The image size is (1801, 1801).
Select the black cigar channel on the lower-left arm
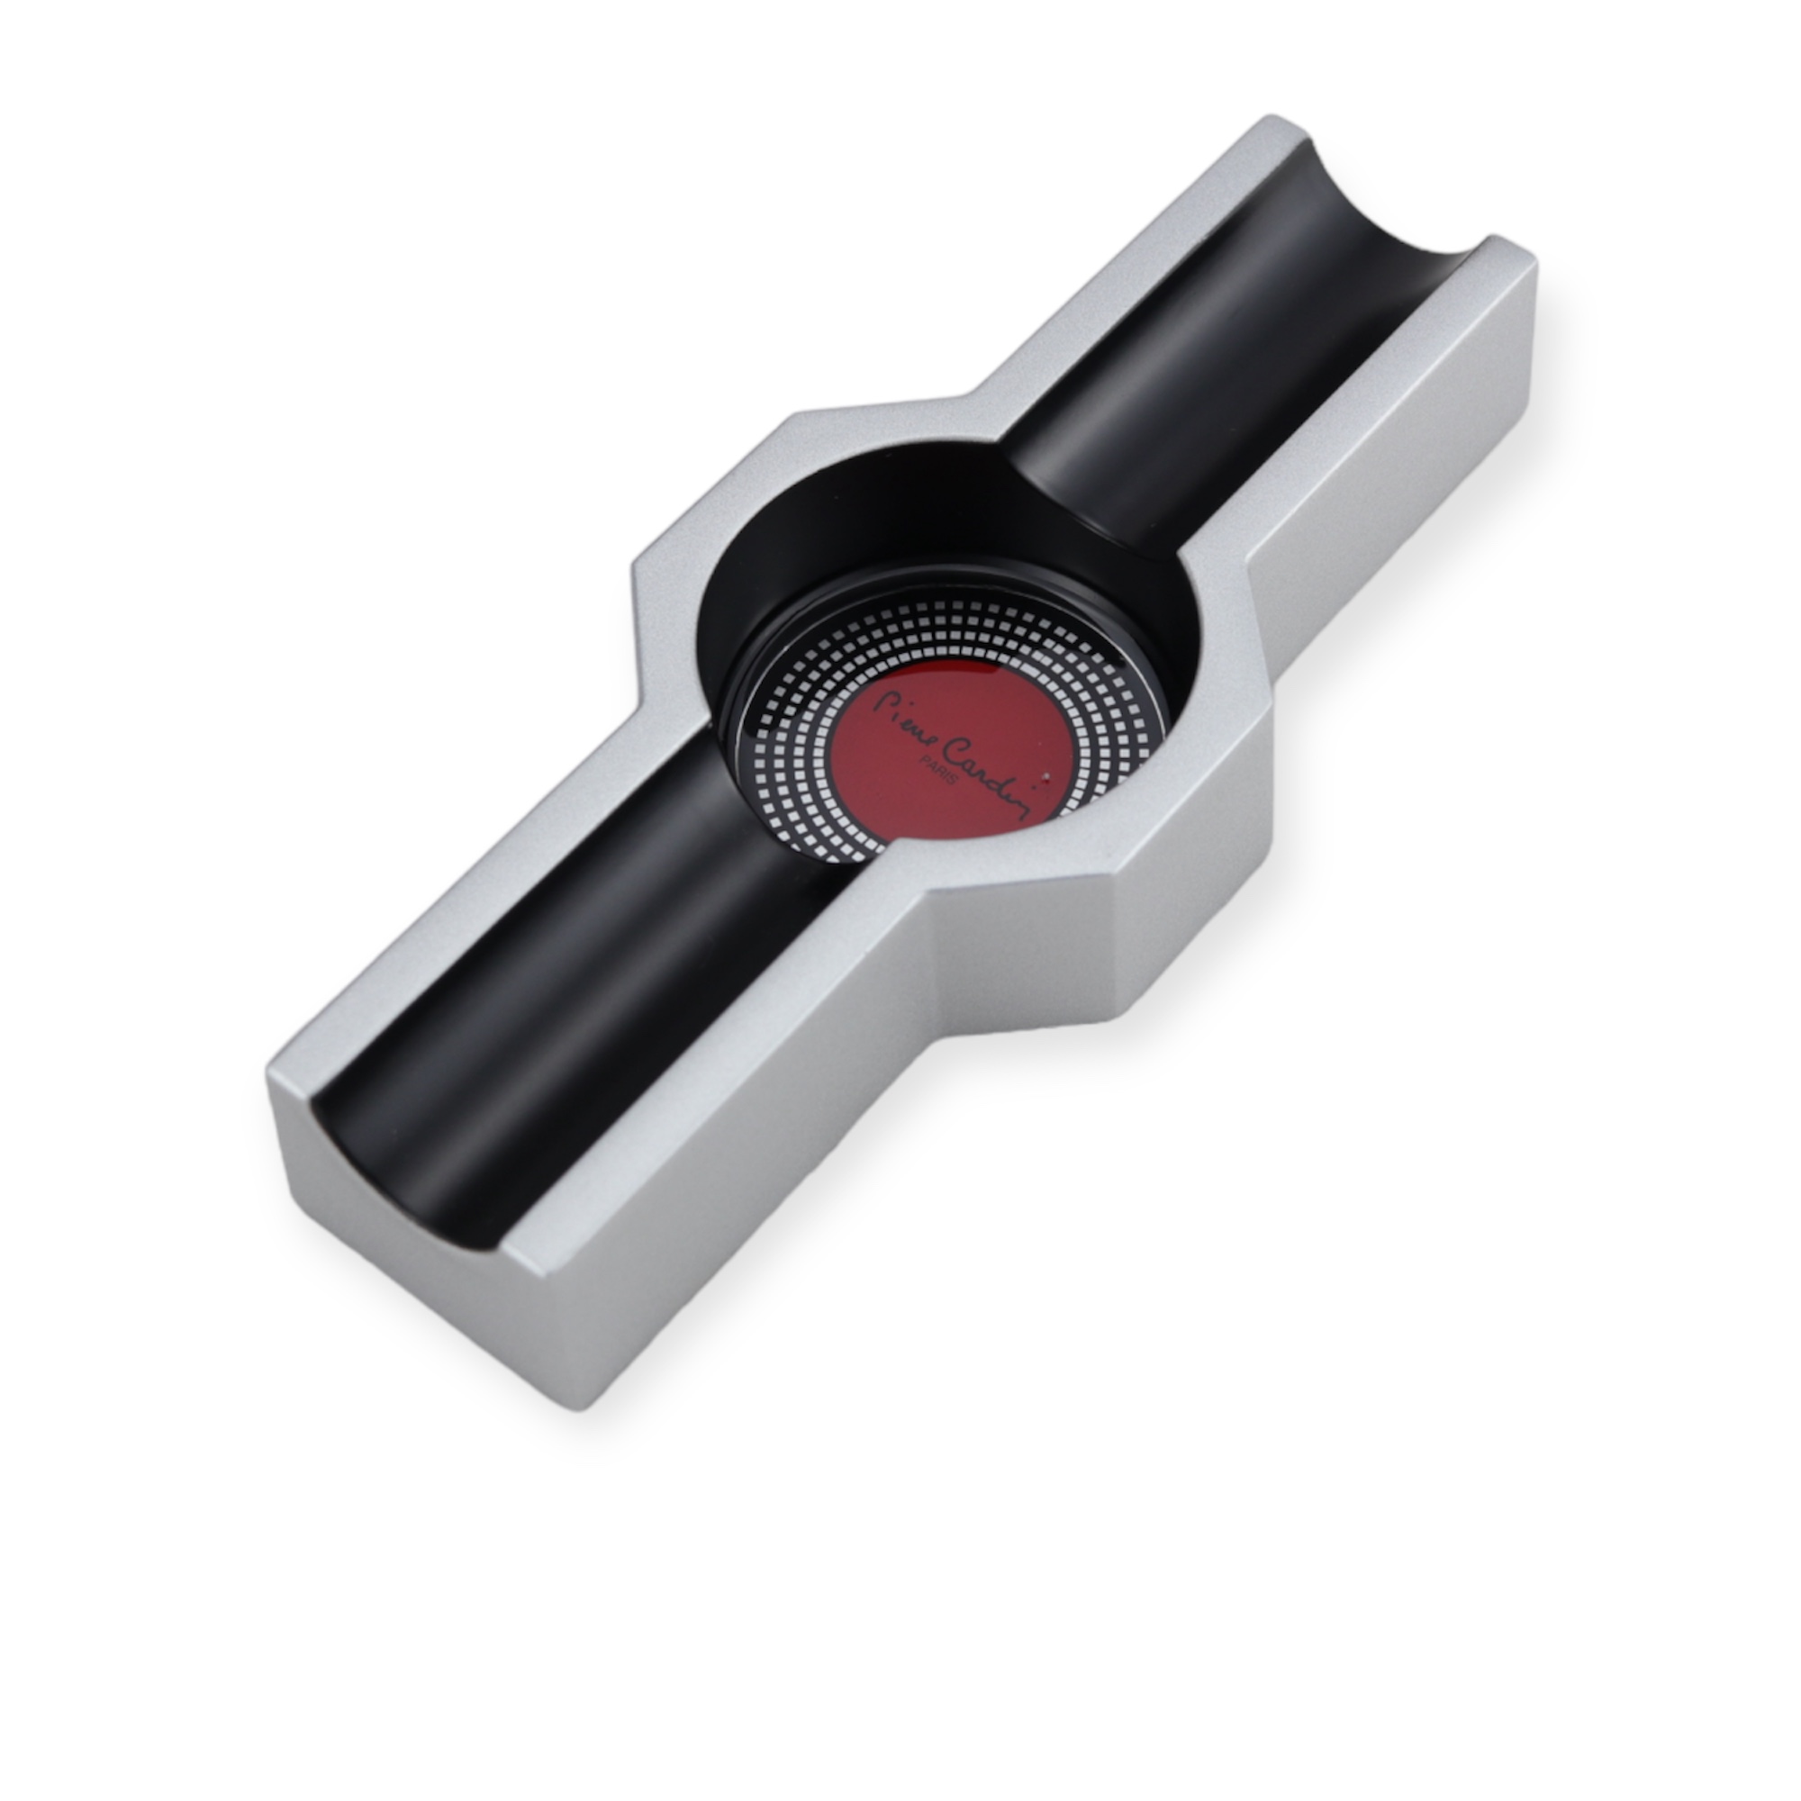578,998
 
